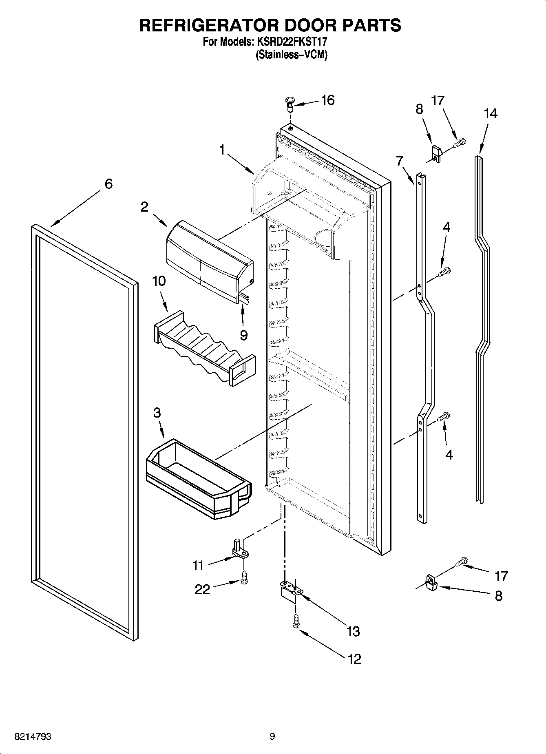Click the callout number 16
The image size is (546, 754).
tap(327, 100)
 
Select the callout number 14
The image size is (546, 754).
tap(491, 113)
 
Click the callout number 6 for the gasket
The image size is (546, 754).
tap(108, 184)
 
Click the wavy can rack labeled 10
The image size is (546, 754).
tap(204, 347)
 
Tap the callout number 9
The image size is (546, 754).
tap(243, 335)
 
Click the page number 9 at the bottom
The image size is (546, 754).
tap(272, 736)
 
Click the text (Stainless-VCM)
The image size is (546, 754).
tap(292, 55)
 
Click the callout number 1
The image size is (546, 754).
tap(222, 150)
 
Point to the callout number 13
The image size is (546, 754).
tap(353, 631)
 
